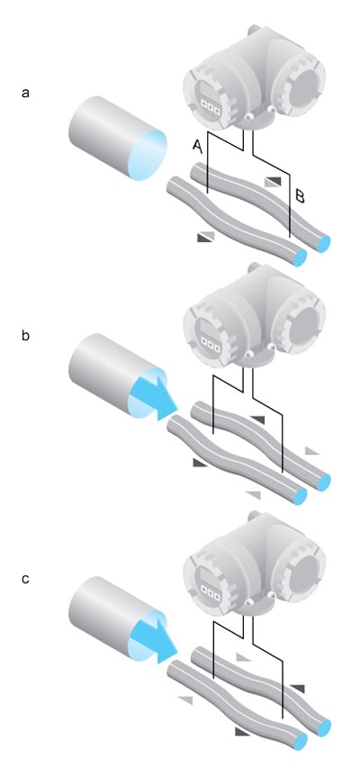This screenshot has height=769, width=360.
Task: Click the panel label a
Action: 25,93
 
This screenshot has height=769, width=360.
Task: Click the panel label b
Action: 25,337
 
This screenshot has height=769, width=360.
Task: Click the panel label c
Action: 25,579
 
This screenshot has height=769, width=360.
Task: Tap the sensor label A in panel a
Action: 197,145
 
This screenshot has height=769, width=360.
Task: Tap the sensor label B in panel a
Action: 300,197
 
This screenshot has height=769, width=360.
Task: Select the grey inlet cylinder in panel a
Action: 118,138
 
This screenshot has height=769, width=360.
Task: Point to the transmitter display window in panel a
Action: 210,101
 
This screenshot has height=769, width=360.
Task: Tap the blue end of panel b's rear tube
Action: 323,483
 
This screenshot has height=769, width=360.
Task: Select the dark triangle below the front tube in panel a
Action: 205,238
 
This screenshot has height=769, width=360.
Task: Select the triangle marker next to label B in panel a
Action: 273,183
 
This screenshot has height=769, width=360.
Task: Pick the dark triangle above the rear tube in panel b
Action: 257,420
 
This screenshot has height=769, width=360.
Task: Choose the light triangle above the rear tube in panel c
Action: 244,656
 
